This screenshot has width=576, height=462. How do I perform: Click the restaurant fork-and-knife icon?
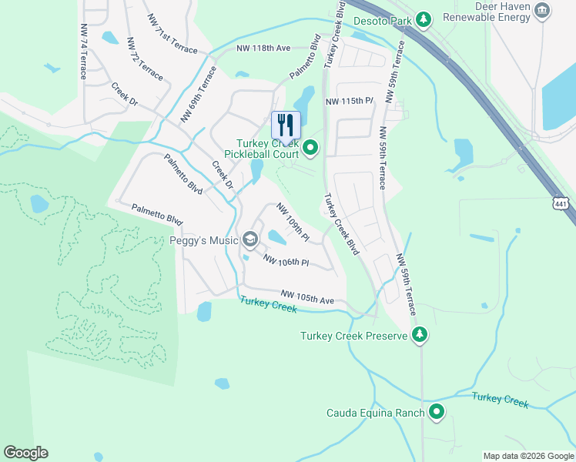286,125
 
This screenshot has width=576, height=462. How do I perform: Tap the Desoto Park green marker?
422,18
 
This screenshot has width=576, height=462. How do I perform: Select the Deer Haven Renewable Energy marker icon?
543,10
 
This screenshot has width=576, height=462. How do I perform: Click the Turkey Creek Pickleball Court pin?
310,147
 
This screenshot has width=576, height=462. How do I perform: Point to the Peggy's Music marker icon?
249,240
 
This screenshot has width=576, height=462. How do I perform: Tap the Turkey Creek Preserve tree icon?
420,335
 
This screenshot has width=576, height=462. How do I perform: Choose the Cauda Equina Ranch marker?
437,412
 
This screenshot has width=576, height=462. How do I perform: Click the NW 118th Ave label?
263,48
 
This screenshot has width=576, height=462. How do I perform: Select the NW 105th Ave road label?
307,296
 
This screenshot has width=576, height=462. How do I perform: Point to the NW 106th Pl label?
286,262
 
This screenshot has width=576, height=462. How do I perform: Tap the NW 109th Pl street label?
293,221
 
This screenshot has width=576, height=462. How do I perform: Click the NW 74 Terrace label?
83,51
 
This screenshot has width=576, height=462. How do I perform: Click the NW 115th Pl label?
349,102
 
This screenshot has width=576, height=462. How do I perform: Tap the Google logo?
25,453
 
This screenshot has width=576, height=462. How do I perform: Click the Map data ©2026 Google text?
528,456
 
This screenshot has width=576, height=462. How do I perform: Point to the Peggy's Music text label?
204,240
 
